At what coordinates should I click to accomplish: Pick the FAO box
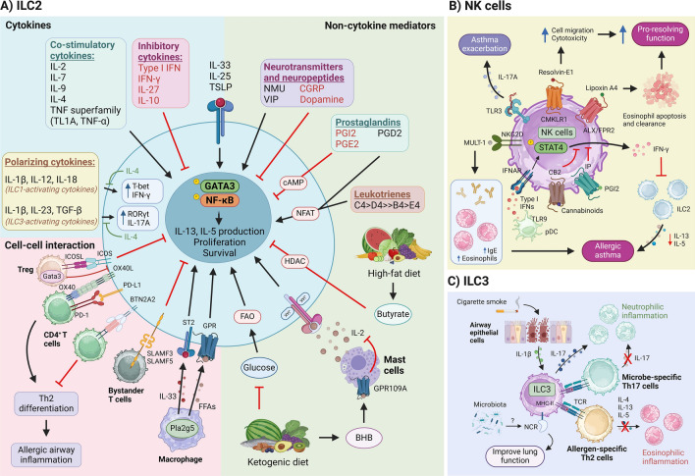pyautogui.click(x=218, y=316)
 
